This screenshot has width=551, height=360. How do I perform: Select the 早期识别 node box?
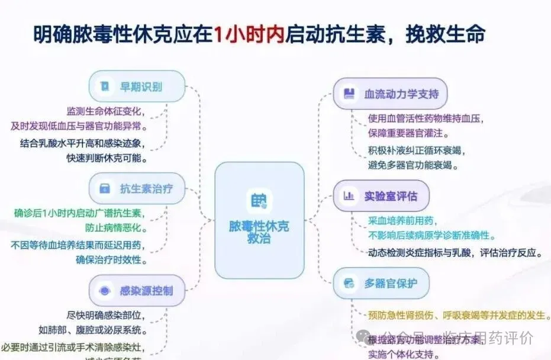tap(137, 86)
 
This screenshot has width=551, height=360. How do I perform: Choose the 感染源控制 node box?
tap(137, 290)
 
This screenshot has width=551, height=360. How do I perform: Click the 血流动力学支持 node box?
tap(389, 94)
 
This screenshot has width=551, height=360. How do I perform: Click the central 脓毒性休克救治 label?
tap(259, 232)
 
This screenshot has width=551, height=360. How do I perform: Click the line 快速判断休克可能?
tap(107, 159)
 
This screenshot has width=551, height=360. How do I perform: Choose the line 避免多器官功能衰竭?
tap(413, 165)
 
